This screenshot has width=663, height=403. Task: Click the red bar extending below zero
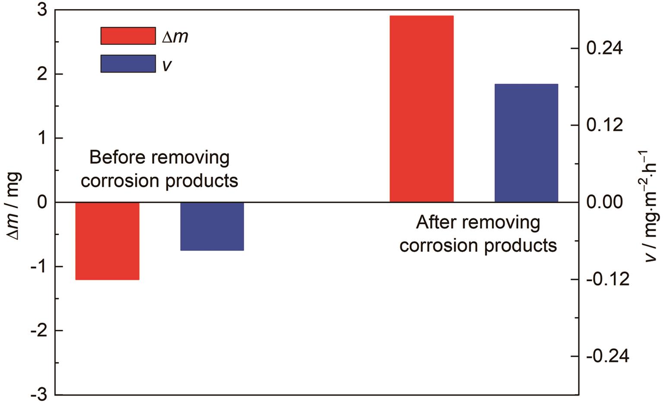(x=108, y=241)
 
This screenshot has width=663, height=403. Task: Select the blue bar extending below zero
(x=212, y=226)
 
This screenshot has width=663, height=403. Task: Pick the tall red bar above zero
(x=422, y=108)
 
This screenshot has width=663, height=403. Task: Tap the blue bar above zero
(x=526, y=143)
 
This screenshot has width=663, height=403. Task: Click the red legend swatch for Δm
(x=128, y=36)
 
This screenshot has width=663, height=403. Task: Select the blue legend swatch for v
(x=128, y=63)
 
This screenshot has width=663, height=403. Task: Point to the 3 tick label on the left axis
(x=42, y=10)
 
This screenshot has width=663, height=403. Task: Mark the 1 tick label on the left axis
(x=42, y=138)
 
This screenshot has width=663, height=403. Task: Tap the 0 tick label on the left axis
(x=42, y=203)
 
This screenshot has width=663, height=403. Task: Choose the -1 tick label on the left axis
(x=39, y=267)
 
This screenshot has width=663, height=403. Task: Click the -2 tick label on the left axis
(x=39, y=330)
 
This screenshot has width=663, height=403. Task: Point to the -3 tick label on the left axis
(x=39, y=395)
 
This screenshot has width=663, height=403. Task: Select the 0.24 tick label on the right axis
(x=604, y=48)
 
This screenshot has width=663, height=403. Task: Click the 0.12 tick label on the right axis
(x=604, y=125)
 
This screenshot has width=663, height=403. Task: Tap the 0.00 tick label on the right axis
(x=604, y=203)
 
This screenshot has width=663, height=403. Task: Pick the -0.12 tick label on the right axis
(x=608, y=279)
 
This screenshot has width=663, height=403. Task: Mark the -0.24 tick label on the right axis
(x=608, y=356)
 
